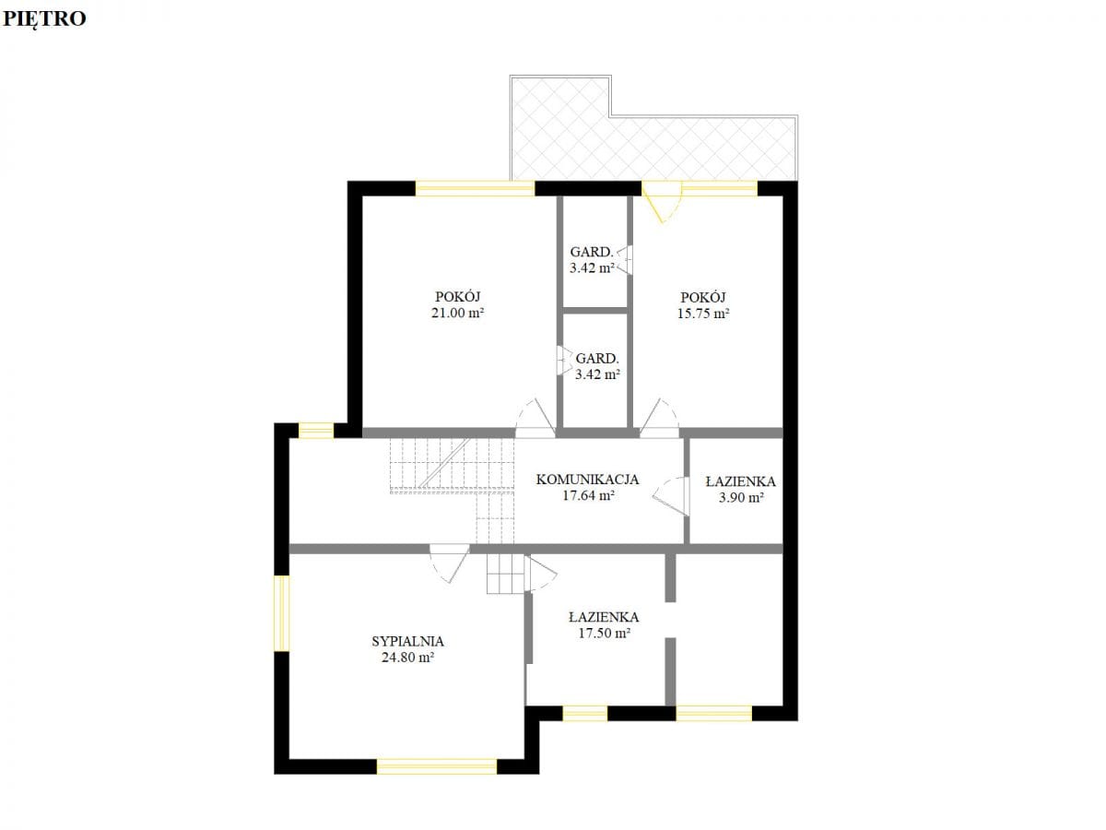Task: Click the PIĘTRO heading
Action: pos(44,19)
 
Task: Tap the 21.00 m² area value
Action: pos(457,313)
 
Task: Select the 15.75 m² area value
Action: pos(703,314)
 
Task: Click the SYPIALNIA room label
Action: pos(407,642)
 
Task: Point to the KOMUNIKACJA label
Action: pos(587,480)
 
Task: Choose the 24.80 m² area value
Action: pos(407,658)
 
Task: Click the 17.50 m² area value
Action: pos(604,633)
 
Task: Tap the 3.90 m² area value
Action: pos(741,498)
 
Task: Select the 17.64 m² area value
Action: pos(588,495)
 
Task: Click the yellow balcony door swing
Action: pos(661,203)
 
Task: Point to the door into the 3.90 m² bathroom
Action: pos(671,496)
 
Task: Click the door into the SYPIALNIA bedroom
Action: pos(450,563)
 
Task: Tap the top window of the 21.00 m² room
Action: pos(475,188)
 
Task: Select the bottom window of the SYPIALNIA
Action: pos(437,766)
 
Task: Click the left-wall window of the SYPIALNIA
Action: pos(282,612)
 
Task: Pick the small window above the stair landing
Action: pos(316,431)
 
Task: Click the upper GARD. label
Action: pos(592,252)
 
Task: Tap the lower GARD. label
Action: pos(597,359)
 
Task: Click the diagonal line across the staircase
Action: pos(445,463)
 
